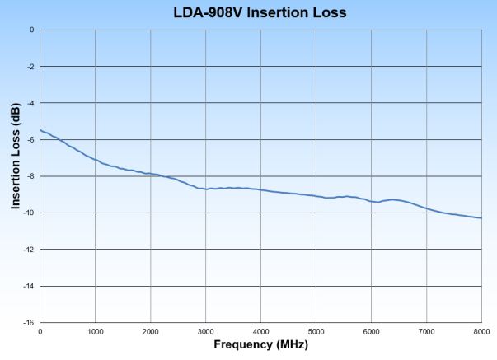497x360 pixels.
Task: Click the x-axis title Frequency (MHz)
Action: tap(260, 344)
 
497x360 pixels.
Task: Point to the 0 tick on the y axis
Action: tap(31, 30)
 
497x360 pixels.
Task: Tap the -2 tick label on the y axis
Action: tap(30, 67)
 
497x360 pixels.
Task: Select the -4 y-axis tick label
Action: tap(30, 103)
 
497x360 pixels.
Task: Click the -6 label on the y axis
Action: tap(30, 140)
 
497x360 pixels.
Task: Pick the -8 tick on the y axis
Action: tap(30, 176)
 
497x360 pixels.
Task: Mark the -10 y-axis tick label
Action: tap(28, 213)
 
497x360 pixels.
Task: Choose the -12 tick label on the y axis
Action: tap(28, 250)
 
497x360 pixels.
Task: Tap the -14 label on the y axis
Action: tap(28, 286)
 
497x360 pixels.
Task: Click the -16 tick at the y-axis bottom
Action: tap(28, 323)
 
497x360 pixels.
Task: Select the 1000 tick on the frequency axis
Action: tap(95, 331)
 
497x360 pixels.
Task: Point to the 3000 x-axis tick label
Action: tap(205, 331)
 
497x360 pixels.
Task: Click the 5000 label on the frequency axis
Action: tap(316, 331)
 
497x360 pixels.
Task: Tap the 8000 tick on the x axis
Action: tap(481, 331)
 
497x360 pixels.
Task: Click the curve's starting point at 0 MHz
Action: tap(40, 130)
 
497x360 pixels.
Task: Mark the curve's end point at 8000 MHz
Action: tap(481, 217)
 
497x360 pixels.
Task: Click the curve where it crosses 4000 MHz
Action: tap(260, 189)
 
